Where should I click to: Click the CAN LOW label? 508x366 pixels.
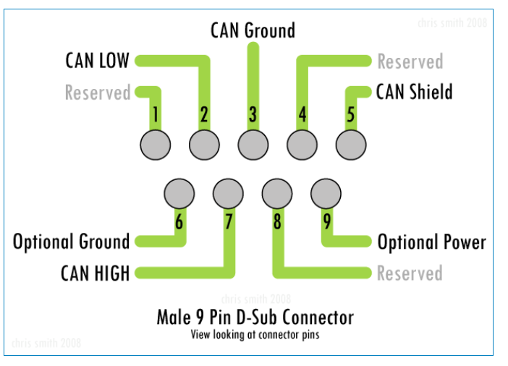[97, 60]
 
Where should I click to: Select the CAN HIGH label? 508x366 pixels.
[96, 273]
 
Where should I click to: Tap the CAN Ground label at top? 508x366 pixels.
[253, 30]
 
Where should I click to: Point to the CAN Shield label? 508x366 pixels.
[414, 93]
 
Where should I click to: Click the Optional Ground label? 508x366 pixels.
[71, 242]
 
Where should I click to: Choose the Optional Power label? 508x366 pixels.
[431, 242]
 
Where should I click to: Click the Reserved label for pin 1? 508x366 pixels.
[98, 93]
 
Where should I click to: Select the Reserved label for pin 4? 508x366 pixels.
[410, 61]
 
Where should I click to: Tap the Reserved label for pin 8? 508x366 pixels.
[409, 273]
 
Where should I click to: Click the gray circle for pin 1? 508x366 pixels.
[155, 144]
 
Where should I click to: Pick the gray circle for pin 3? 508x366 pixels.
[253, 144]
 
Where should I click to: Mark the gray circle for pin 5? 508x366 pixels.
[351, 144]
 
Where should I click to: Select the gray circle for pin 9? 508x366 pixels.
[326, 193]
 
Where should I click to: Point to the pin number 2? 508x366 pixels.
[204, 114]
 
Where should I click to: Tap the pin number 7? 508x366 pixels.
[229, 221]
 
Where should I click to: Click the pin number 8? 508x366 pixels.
[276, 221]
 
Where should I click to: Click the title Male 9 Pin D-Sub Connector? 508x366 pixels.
[255, 317]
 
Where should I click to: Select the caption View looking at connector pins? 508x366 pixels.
[255, 334]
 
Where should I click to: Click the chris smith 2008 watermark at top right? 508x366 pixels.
[452, 22]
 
